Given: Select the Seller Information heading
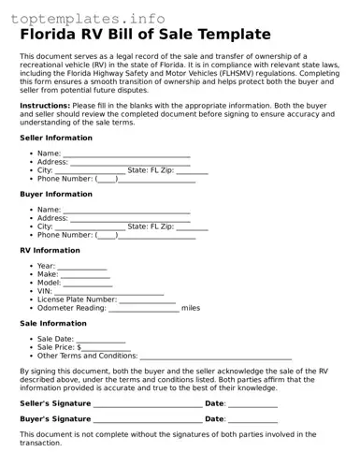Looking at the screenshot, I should click(x=56, y=138).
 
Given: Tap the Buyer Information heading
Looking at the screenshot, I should click(x=56, y=194).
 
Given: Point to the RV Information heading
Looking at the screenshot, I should click(x=50, y=250).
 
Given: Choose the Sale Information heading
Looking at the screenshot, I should click(x=53, y=323).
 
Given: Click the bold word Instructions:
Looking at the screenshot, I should click(x=45, y=106).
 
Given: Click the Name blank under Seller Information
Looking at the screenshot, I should click(x=126, y=153).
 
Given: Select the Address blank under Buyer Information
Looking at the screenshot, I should click(x=130, y=218).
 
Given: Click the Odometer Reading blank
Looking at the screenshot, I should click(x=144, y=308).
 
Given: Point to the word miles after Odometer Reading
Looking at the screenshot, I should click(x=191, y=308).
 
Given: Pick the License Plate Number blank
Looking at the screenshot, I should click(x=147, y=299).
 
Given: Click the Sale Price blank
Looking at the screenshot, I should click(x=105, y=347).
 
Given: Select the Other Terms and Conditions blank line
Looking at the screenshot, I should click(x=216, y=356).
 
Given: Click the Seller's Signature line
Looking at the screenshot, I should click(x=148, y=403).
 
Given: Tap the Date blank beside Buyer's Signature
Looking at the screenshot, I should click(x=252, y=419).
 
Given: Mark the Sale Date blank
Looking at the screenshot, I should click(x=101, y=339).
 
